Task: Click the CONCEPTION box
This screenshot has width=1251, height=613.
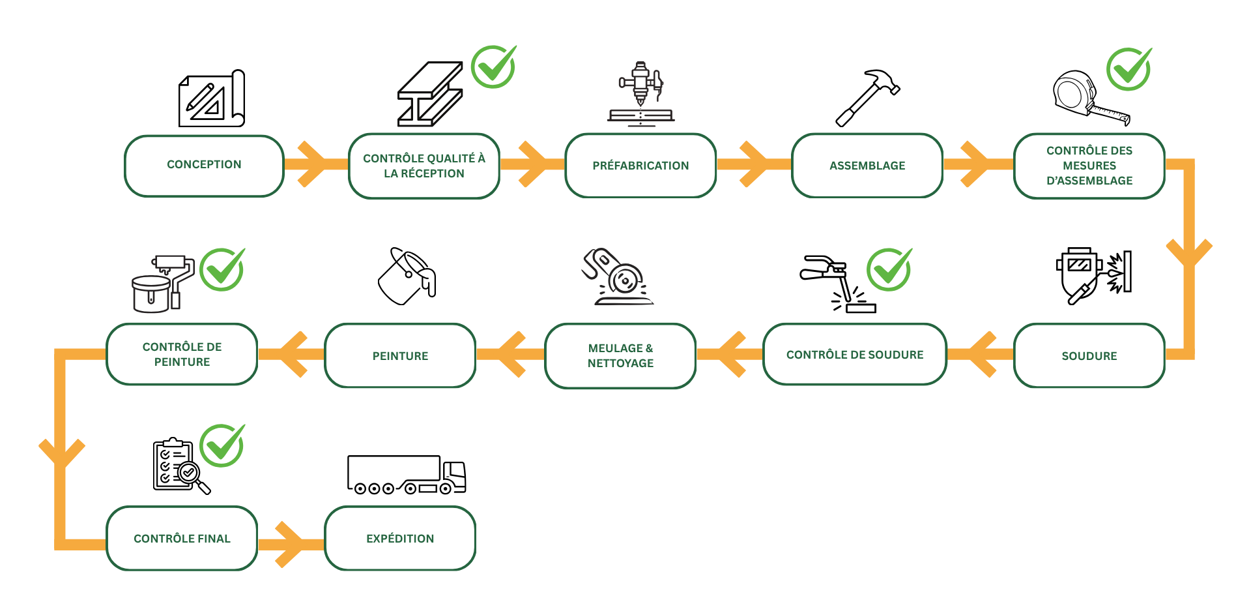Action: point(204,165)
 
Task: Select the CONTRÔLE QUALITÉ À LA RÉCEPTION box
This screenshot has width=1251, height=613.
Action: point(424,166)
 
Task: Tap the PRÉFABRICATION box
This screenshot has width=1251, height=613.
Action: point(640,166)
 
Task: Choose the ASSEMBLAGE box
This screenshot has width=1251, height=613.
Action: point(867,166)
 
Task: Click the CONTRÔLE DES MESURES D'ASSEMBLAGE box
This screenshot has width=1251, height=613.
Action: point(1089,166)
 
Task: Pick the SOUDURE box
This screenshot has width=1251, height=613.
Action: point(1089,355)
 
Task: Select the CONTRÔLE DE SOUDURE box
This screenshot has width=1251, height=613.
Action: point(855,355)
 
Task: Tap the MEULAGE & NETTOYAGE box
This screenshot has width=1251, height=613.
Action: point(620,355)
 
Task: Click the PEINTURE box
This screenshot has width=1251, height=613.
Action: point(400,355)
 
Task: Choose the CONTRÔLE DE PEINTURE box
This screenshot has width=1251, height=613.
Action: point(182,354)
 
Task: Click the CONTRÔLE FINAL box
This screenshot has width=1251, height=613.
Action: point(182,538)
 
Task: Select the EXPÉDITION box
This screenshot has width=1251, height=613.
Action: point(400,538)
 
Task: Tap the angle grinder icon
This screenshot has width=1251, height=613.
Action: point(616,277)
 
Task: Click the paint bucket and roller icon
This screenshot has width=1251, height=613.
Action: point(162,284)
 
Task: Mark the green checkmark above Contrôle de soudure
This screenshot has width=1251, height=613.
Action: point(889,269)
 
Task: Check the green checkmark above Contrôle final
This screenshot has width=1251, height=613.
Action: point(222,445)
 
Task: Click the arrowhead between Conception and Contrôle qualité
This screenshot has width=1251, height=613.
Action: point(313,164)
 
